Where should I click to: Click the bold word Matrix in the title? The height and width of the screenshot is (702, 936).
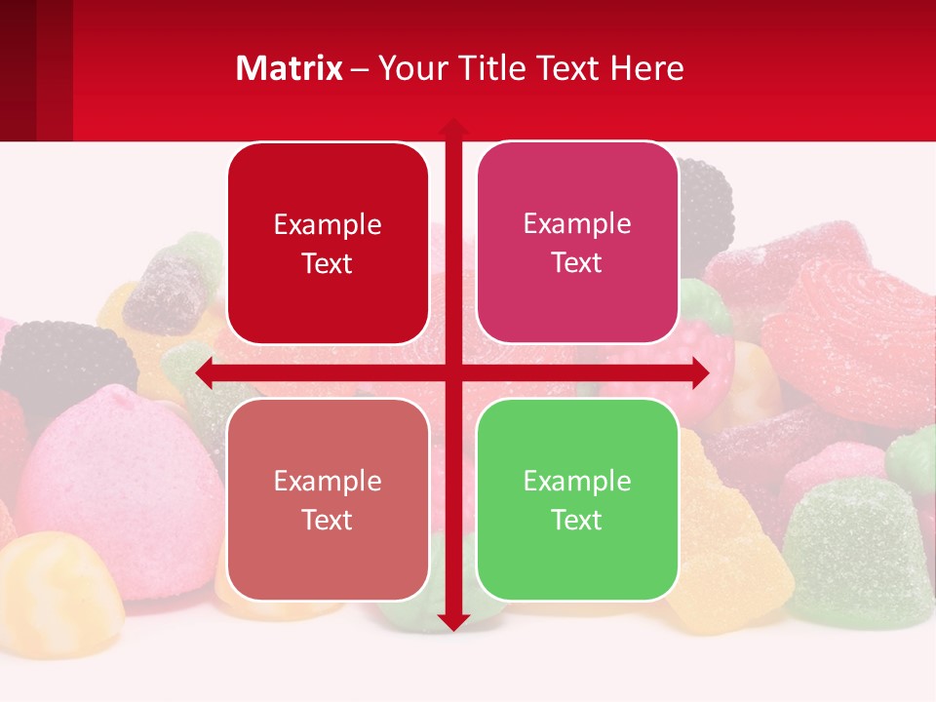click(x=290, y=68)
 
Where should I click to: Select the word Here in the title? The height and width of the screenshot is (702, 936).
click(x=647, y=68)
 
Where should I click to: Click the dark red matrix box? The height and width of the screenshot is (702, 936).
click(x=328, y=244)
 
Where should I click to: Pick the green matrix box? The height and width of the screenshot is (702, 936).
click(x=577, y=499)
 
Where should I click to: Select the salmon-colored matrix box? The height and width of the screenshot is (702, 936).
click(x=328, y=499)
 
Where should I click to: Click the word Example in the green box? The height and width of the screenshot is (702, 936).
click(x=577, y=481)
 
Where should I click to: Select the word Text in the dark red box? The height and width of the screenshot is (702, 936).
click(x=328, y=264)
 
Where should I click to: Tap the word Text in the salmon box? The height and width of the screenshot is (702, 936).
click(x=328, y=520)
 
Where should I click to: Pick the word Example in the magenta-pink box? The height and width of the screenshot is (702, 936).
click(x=577, y=223)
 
